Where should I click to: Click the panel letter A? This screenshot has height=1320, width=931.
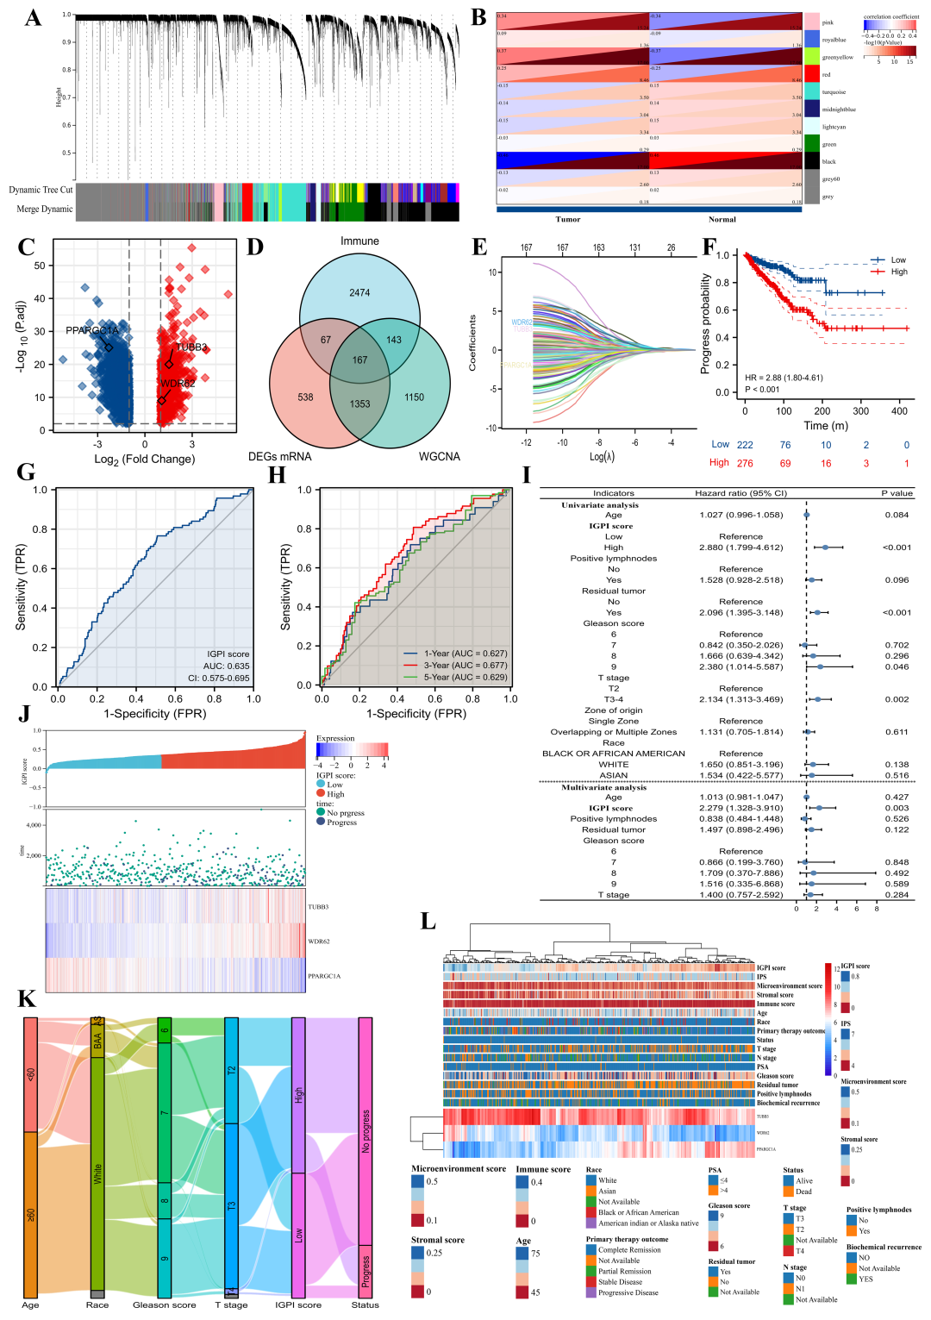[x=33, y=18]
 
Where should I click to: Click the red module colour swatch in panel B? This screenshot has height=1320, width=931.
[x=811, y=74]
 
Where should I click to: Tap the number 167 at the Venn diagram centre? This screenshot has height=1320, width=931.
[x=359, y=360]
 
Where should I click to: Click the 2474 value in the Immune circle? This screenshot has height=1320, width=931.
[x=359, y=293]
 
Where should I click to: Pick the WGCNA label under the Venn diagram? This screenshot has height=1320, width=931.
[x=440, y=456]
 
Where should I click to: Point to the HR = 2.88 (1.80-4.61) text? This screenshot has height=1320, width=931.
[x=784, y=378]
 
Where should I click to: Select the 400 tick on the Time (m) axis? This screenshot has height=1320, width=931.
[x=899, y=411]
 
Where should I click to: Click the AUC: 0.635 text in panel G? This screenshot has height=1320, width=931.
[x=226, y=666]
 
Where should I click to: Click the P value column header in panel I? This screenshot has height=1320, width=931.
[x=897, y=493]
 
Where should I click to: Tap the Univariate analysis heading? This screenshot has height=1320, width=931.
[x=600, y=505]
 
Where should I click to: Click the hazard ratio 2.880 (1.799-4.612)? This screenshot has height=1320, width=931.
[x=740, y=547]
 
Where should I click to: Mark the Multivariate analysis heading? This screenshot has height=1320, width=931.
[x=603, y=787]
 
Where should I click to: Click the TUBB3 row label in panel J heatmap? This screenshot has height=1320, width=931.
[x=318, y=907]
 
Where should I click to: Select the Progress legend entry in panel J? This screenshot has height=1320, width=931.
[x=341, y=823]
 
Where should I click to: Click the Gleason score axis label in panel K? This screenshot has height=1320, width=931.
[x=164, y=1305]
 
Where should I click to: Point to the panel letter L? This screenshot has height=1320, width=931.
[x=428, y=922]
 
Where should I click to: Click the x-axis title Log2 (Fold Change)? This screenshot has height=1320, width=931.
[x=144, y=460]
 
